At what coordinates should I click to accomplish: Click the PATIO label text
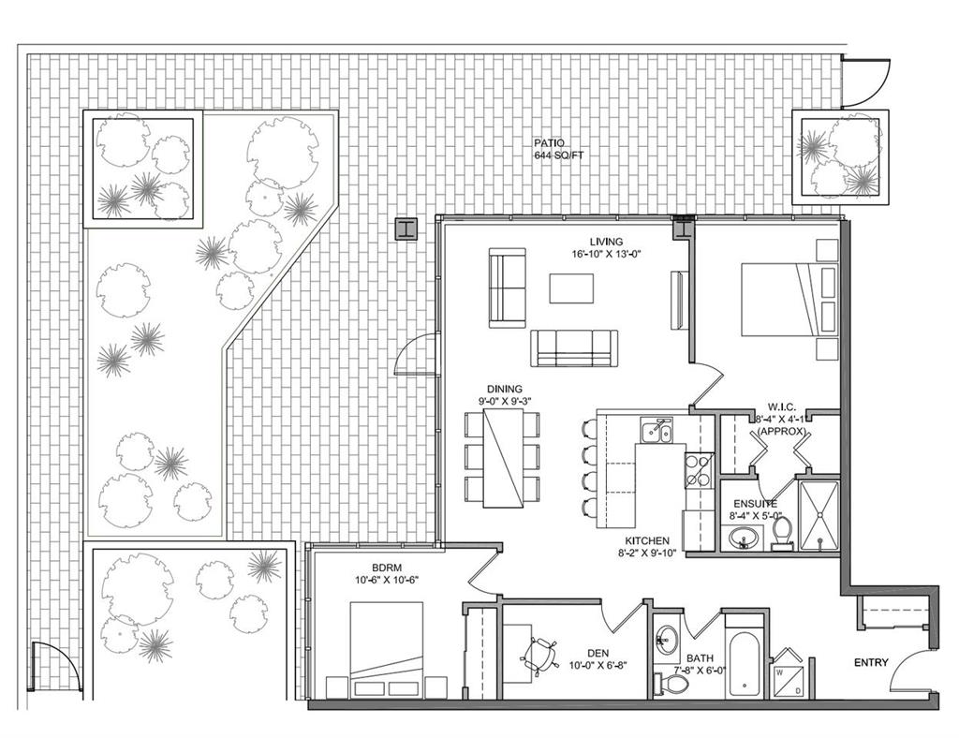pyautogui.click(x=547, y=143)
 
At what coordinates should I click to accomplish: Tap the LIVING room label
pyautogui.click(x=606, y=242)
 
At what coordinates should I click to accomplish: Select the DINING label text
pyautogui.click(x=505, y=389)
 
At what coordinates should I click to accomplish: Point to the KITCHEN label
pyautogui.click(x=647, y=541)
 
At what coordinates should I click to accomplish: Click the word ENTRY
pyautogui.click(x=871, y=663)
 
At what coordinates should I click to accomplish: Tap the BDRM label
pyautogui.click(x=387, y=567)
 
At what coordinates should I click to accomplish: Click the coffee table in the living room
pyautogui.click(x=571, y=288)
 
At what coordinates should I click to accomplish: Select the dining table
pyautogui.click(x=503, y=458)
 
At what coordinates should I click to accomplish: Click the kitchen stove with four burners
pyautogui.click(x=699, y=469)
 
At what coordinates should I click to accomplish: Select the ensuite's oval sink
pyautogui.click(x=745, y=539)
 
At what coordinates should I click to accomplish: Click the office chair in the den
pyautogui.click(x=539, y=657)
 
